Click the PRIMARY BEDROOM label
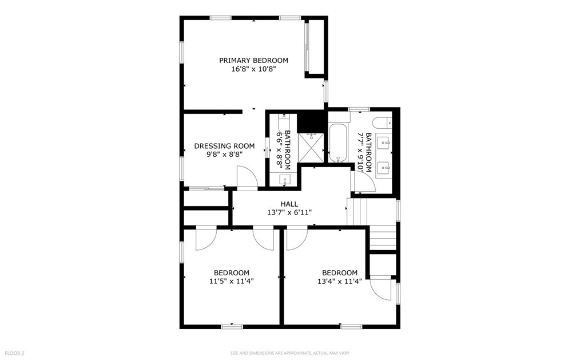(253, 60)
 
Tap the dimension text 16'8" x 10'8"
(253, 69)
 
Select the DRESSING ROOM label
(224, 146)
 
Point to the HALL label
(289, 204)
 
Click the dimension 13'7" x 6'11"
(289, 212)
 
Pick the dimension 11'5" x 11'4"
(232, 281)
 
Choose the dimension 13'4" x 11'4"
(340, 281)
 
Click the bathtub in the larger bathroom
(338, 143)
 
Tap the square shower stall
(311, 147)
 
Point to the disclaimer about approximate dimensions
(289, 353)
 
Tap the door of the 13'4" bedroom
(296, 239)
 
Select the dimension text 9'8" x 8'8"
(224, 155)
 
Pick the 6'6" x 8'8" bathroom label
(283, 149)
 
